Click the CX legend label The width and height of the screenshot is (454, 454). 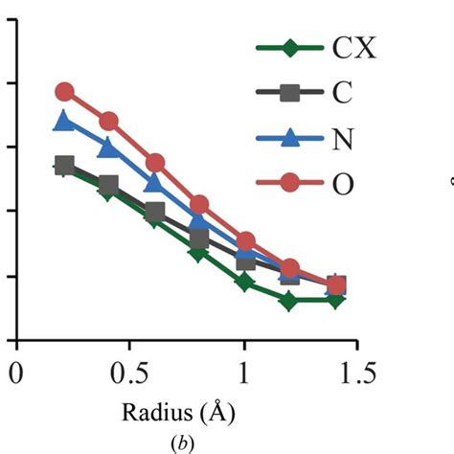click(353, 47)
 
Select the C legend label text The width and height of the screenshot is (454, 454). click(341, 93)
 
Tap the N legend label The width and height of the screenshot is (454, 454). click(342, 139)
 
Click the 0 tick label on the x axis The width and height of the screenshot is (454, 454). click(15, 373)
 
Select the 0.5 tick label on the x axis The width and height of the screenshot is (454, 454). click(129, 373)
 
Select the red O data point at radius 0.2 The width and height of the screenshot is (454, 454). click(64, 92)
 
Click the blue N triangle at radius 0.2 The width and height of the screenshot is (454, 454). click(64, 121)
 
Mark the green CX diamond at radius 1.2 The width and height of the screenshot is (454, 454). click(289, 301)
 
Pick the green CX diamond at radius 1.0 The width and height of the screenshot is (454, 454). click(244, 283)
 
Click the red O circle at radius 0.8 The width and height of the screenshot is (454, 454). click(199, 205)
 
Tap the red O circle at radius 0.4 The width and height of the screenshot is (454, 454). click(108, 122)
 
